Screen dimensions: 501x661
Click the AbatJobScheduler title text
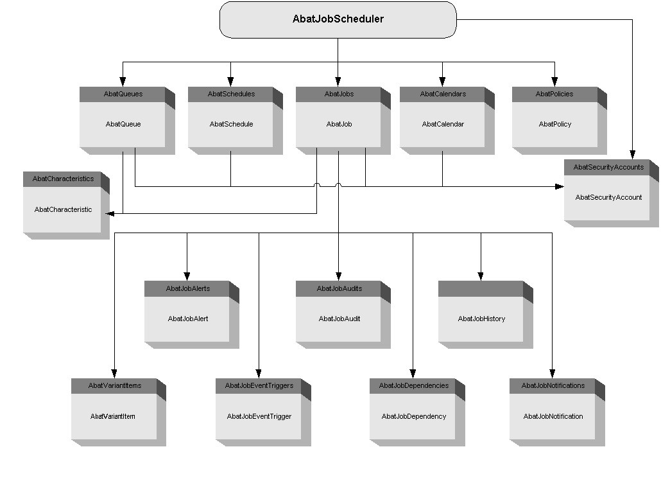point(338,19)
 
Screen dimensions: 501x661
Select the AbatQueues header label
point(123,94)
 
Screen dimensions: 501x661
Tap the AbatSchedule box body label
point(231,124)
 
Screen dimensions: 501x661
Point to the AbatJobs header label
point(338,94)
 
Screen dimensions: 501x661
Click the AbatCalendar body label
point(442,124)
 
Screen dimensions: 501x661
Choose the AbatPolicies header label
point(554,94)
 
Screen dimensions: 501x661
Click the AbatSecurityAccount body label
point(608,197)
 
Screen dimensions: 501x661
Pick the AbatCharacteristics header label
point(63,179)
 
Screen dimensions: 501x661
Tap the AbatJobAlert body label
point(187,319)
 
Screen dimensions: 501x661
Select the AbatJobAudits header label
point(339,288)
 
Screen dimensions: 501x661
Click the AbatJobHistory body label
point(481,319)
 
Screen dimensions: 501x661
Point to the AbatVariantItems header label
point(114,385)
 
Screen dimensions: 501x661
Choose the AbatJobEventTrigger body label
point(259,416)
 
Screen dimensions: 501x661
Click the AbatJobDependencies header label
point(413,385)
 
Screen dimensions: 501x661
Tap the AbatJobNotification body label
point(553,416)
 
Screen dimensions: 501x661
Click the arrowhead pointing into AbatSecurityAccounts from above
point(632,155)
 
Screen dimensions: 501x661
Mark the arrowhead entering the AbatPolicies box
point(554,83)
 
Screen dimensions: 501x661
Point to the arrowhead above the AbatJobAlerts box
point(187,277)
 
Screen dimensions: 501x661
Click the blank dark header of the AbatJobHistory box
point(481,288)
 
